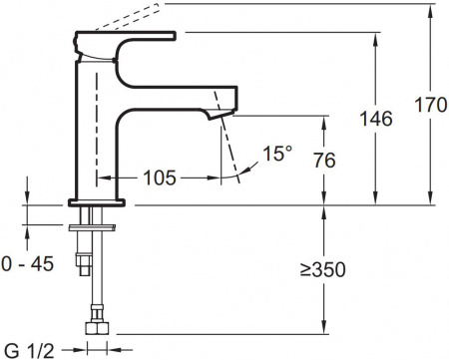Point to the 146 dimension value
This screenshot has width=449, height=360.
click(375, 118)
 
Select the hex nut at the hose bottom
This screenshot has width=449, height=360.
click(98, 328)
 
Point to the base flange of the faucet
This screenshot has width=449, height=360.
click(97, 202)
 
